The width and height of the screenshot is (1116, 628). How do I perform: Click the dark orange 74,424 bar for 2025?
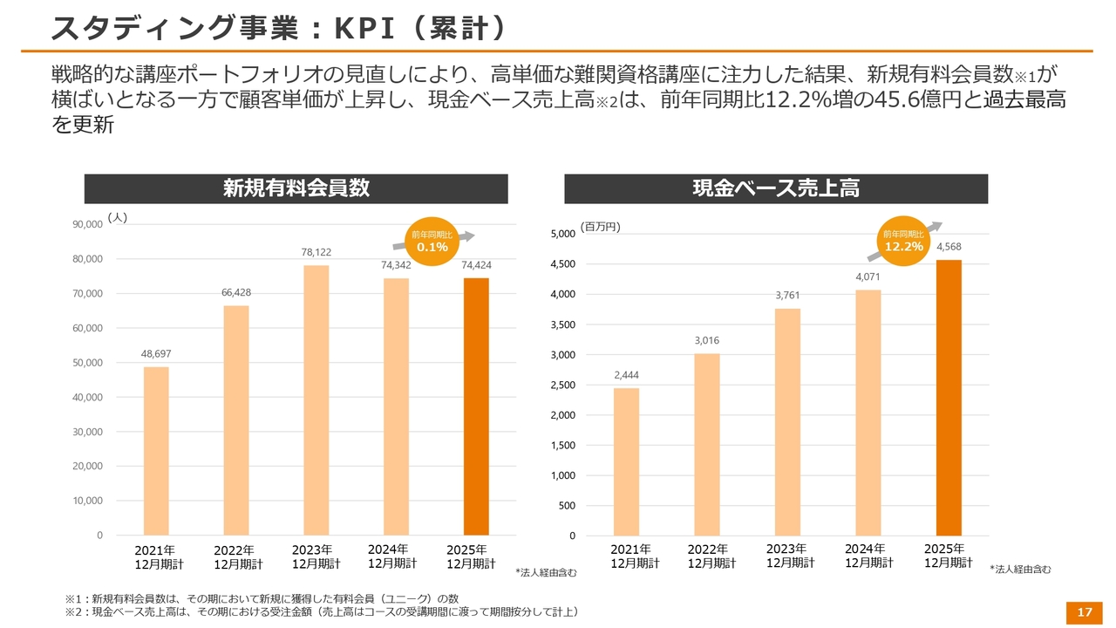(476, 406)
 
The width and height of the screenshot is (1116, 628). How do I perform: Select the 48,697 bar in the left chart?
(156, 451)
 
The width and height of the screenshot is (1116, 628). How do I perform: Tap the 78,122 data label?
(316, 252)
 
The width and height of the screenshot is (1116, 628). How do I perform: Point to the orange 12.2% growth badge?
(903, 241)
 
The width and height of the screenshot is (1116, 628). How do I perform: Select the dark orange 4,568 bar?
(949, 398)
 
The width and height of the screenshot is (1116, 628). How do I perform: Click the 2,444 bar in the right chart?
(626, 461)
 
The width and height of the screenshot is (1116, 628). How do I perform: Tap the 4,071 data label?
(868, 276)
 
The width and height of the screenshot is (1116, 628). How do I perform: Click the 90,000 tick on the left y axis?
(87, 225)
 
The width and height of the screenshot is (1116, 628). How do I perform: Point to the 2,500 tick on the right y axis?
(560, 385)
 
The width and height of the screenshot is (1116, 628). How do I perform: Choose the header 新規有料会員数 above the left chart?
(296, 188)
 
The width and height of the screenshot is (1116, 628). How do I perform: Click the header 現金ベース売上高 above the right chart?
(776, 188)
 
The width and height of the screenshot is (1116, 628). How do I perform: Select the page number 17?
(1085, 613)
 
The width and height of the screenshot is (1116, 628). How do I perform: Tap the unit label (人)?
(118, 218)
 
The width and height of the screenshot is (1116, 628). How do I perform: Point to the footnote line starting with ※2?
(323, 612)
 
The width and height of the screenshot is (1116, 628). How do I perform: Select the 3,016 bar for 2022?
(707, 444)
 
